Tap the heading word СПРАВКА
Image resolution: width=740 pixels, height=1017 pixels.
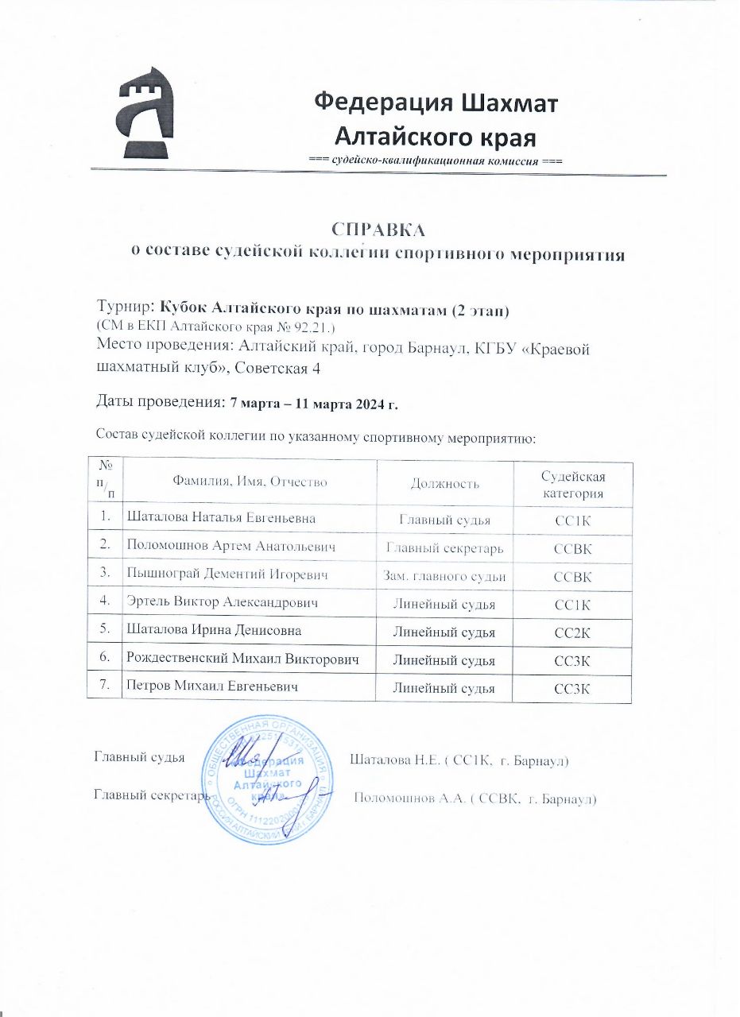coord(378,230)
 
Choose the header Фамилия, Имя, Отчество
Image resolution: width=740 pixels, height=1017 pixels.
coord(250,483)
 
